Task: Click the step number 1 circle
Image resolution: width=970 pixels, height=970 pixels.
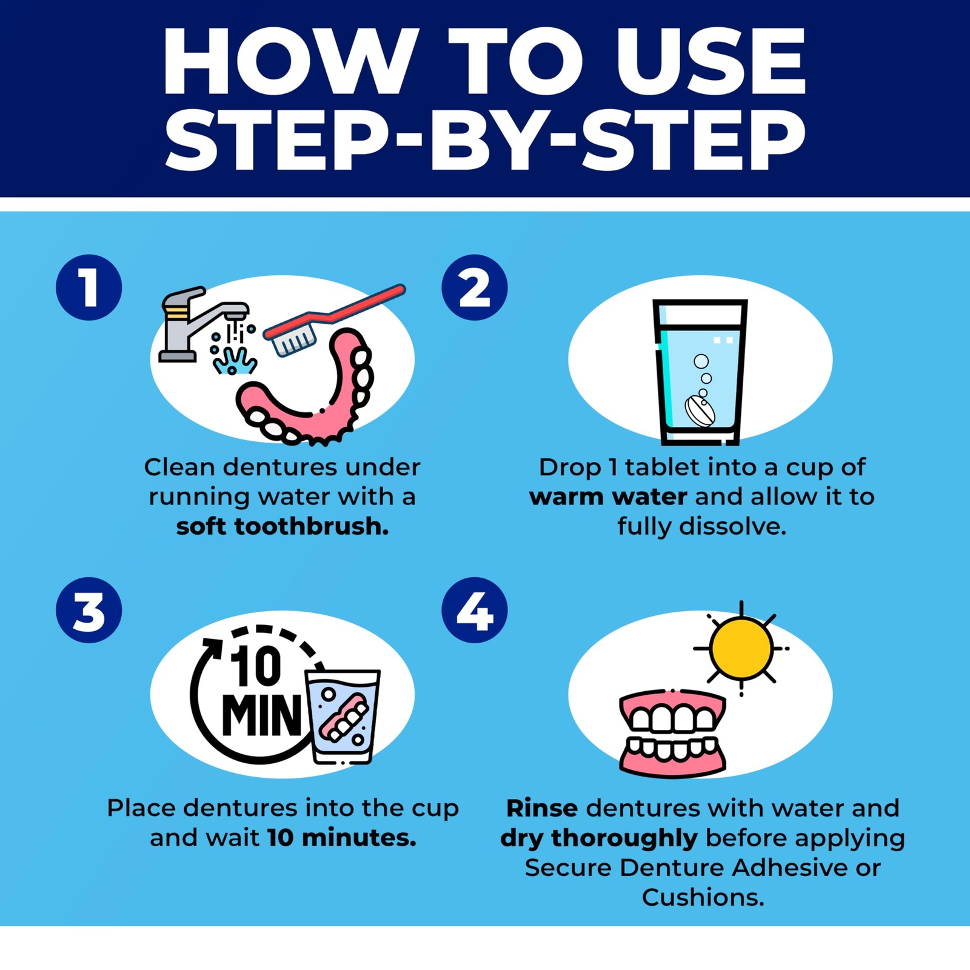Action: click(x=89, y=287)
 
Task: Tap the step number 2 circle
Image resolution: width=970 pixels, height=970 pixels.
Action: click(x=475, y=287)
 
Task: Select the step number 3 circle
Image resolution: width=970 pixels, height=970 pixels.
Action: click(x=89, y=610)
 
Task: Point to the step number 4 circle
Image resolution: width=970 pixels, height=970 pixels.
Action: click(x=475, y=610)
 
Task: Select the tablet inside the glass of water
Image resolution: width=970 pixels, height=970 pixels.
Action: click(x=700, y=412)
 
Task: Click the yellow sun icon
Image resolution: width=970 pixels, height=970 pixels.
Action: click(x=741, y=648)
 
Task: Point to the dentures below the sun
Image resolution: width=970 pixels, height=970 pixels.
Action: click(x=672, y=733)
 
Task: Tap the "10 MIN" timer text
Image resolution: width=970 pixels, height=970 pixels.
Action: click(x=261, y=691)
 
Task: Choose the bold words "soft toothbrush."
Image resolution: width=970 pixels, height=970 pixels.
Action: click(x=283, y=526)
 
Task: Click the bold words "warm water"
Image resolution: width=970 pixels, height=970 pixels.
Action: click(x=608, y=497)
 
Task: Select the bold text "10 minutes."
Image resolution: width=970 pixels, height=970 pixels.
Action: click(x=342, y=838)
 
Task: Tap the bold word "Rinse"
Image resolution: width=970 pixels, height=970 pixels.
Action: click(x=542, y=808)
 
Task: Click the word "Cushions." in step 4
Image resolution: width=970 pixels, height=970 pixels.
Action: click(x=703, y=897)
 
